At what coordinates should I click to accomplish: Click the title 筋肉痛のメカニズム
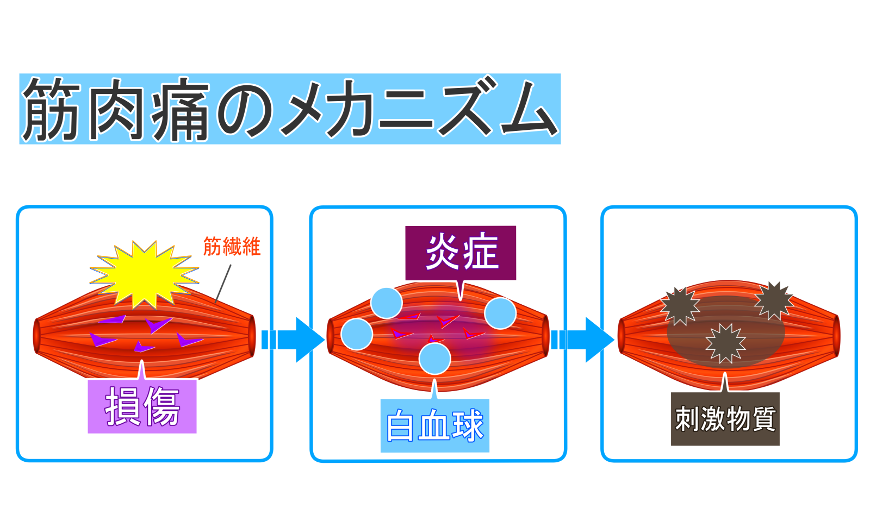[290, 109]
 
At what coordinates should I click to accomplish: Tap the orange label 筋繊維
[232, 247]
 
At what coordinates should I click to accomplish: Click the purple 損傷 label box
[142, 406]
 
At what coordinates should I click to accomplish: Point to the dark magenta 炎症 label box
[461, 253]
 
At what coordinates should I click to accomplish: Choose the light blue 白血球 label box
[434, 425]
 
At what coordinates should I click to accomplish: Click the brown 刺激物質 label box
[725, 419]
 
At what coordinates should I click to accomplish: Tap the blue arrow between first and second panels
[294, 340]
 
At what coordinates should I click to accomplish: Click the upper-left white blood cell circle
[387, 303]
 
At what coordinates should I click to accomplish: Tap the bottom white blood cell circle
[435, 359]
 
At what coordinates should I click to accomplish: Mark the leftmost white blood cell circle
[357, 334]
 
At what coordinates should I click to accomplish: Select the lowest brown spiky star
[725, 343]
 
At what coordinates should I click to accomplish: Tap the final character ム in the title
[529, 109]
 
